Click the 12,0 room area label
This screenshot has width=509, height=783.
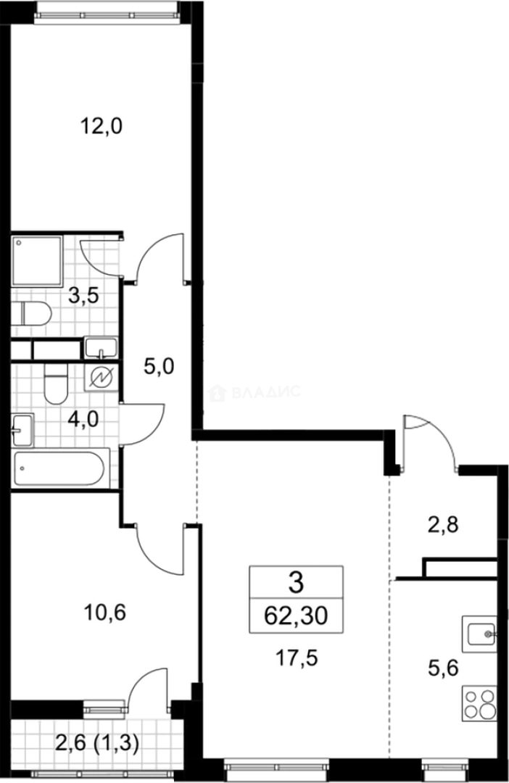coord(102,128)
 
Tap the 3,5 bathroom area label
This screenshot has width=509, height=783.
coord(83,296)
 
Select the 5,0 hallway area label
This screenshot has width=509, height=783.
coord(159,367)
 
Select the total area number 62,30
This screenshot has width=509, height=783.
coord(296,617)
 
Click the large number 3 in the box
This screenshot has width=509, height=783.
coord(296,581)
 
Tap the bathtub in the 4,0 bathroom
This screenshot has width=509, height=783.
coord(61,469)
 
